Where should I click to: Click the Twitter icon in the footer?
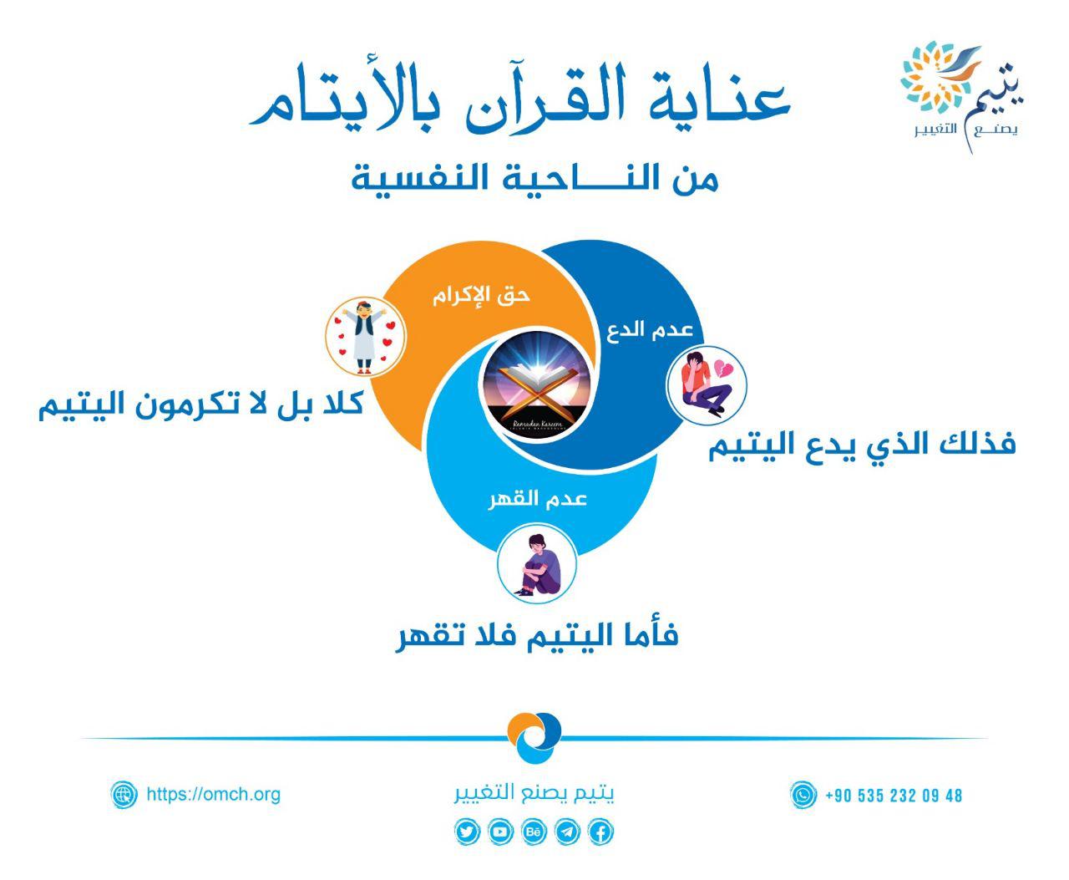(x=466, y=832)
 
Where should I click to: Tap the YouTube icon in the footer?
(x=499, y=832)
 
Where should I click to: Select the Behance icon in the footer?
(x=534, y=832)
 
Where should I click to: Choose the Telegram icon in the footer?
(x=567, y=832)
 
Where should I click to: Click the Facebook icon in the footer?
(x=600, y=832)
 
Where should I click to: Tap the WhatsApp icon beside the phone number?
(x=803, y=795)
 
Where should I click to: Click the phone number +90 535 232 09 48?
(x=894, y=796)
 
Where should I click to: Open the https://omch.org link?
(x=214, y=794)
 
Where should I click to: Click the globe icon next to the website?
(x=124, y=794)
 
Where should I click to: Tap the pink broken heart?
(x=723, y=369)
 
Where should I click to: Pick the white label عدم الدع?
(x=649, y=330)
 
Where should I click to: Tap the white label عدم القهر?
(x=537, y=499)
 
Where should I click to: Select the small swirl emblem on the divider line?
(x=534, y=739)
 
